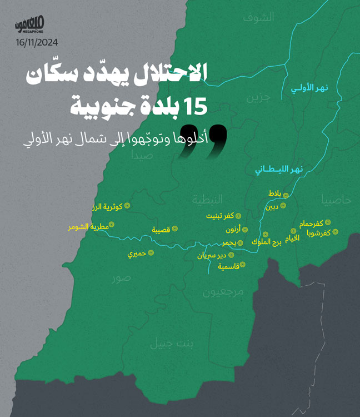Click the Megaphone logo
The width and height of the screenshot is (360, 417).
click(x=31, y=24)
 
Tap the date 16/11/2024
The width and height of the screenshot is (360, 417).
click(x=37, y=42)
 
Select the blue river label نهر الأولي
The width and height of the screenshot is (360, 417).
click(x=311, y=88)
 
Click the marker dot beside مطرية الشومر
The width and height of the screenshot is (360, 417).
click(x=111, y=225)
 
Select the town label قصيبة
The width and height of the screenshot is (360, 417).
click(x=161, y=229)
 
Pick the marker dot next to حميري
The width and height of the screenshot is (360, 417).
click(x=150, y=253)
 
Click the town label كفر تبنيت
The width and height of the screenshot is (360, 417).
click(x=219, y=215)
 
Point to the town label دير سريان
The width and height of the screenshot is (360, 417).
click(x=212, y=256)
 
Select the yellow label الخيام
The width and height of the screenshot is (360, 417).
click(x=292, y=238)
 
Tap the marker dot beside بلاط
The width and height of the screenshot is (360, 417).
click(x=286, y=195)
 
